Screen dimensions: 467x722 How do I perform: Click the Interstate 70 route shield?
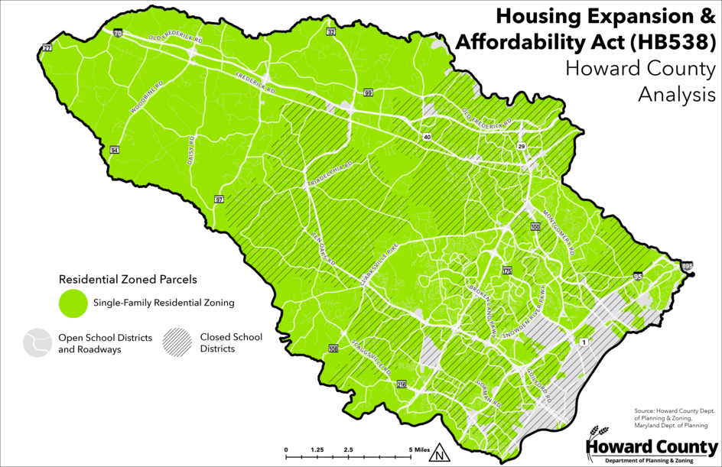pos(117,34)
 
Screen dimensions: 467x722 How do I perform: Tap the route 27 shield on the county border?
pos(47,48)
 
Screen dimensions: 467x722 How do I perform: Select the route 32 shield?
pos(331,32)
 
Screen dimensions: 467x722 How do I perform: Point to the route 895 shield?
pos(686,265)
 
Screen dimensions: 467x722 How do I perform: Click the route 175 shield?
pos(506,271)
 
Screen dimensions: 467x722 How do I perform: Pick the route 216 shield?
pos(402,385)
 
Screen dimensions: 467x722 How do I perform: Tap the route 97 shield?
pos(220,199)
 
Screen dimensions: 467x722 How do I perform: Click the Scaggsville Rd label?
pos(371,358)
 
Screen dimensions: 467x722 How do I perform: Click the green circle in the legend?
pos(73,303)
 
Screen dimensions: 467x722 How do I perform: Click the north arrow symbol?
pos(439,456)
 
